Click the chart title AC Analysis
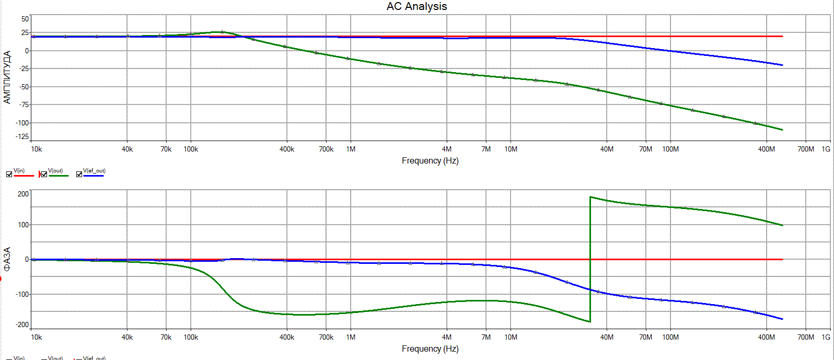(x=416, y=6)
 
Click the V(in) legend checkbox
(x=9, y=175)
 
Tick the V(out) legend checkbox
(x=44, y=175)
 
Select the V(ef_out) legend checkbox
(x=79, y=175)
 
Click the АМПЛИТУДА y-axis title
(x=7, y=77)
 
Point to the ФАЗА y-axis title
(x=7, y=259)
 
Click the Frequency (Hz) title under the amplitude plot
(x=430, y=161)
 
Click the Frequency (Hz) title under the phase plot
(x=430, y=349)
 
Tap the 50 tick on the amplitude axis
(x=25, y=19)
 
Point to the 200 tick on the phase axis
(x=24, y=194)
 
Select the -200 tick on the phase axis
(x=22, y=324)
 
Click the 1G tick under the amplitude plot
(x=826, y=149)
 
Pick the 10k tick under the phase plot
(x=36, y=338)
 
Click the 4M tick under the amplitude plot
(x=447, y=149)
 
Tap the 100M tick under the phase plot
(x=670, y=338)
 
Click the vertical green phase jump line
(x=590, y=261)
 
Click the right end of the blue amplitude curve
(x=782, y=65)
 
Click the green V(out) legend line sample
(x=59, y=176)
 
